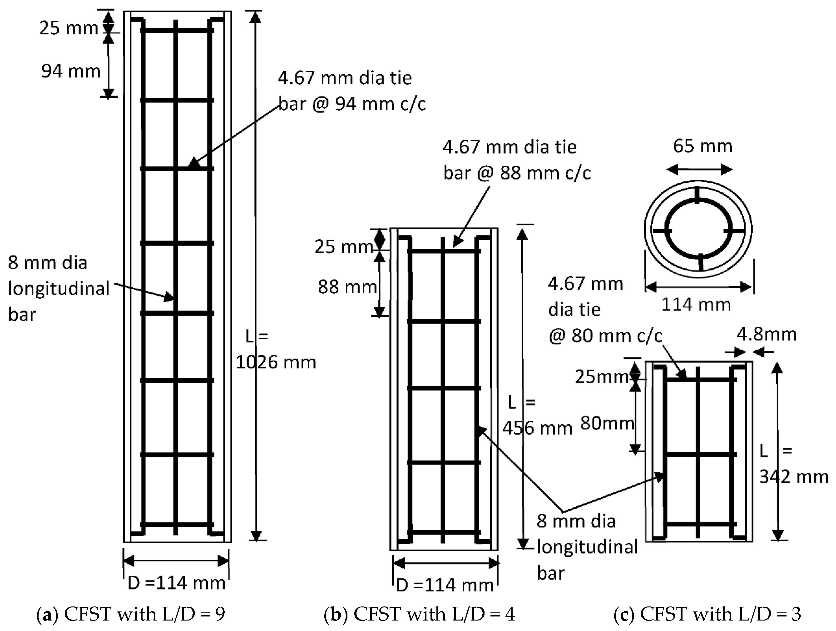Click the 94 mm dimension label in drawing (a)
point(71,71)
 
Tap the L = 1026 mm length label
point(276,350)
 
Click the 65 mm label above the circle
point(702,146)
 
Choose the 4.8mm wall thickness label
point(767,335)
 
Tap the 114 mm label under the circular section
point(696,305)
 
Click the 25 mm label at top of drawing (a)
point(69,28)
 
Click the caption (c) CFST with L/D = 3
point(707,614)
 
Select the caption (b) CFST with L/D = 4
point(420,614)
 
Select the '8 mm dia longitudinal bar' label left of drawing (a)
point(58,288)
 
